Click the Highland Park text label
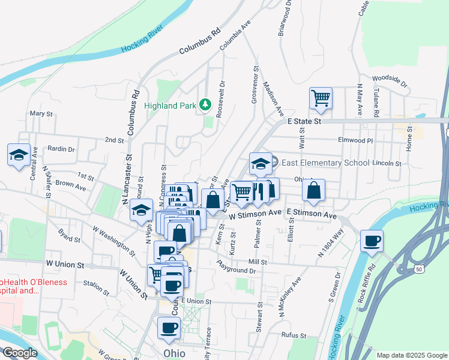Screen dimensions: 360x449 (171, 106)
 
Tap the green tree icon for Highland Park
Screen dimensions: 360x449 (205, 105)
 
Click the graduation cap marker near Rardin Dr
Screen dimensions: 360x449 (19, 154)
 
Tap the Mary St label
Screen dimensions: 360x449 (41, 113)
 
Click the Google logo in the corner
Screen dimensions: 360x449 (20, 353)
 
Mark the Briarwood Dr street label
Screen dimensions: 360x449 (285, 19)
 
